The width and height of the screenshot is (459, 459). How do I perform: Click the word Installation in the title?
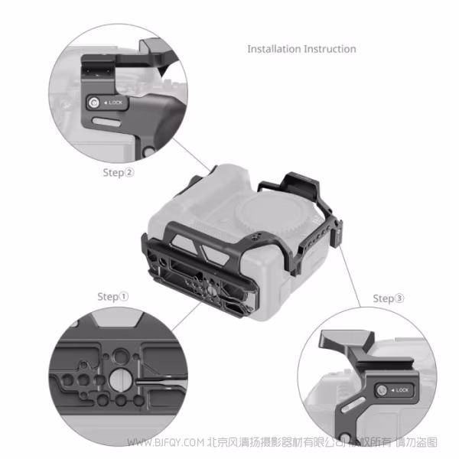274,49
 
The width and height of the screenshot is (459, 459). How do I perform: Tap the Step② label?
119,172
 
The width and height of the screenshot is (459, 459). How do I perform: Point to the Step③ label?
389,298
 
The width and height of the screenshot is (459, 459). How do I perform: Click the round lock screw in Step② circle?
93,103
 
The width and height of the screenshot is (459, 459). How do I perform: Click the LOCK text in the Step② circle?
114,103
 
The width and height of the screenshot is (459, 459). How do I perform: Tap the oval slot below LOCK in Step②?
106,120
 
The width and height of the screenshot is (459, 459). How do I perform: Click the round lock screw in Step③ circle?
380,391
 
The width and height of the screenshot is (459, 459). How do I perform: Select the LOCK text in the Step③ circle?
402,391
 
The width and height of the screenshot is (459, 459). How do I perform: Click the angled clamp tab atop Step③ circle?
355,340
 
